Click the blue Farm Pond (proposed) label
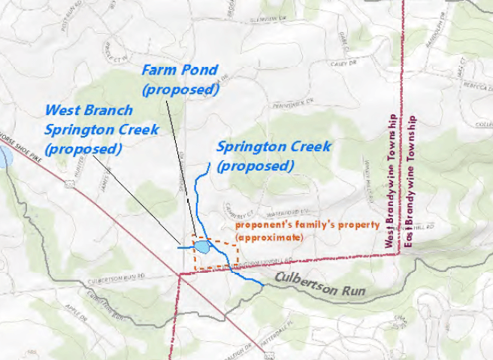click(x=180, y=80)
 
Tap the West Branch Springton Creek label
click(x=101, y=129)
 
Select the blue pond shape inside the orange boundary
click(x=201, y=247)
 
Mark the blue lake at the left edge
click(x=5, y=158)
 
